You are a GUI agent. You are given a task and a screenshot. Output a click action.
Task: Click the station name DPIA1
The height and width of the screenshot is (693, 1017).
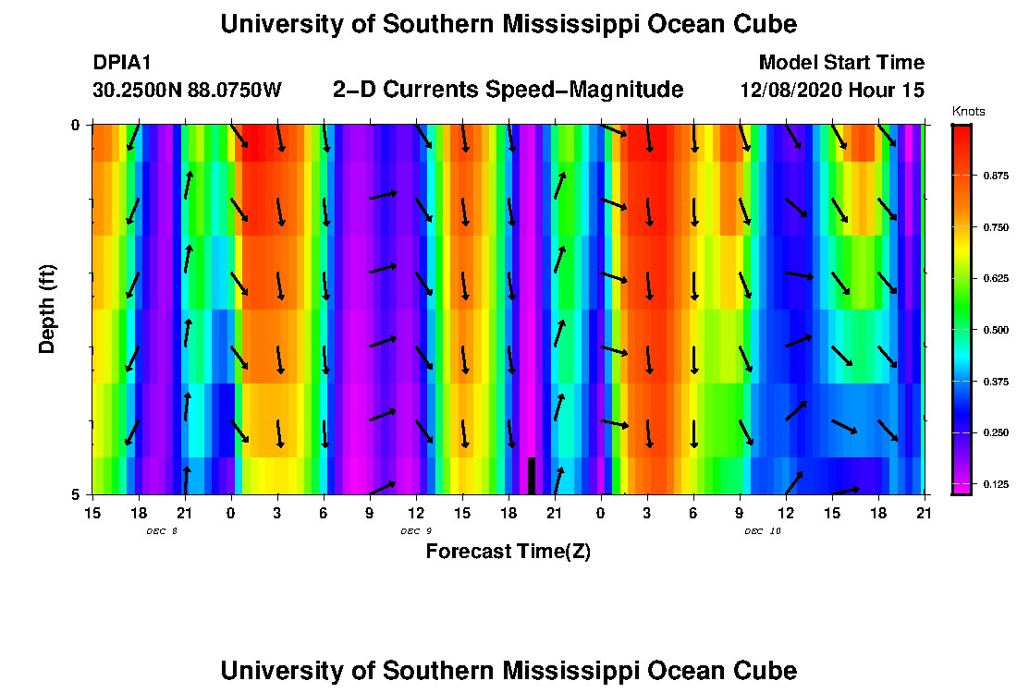click(x=121, y=63)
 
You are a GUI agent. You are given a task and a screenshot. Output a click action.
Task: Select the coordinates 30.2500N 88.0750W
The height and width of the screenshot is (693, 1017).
click(x=187, y=91)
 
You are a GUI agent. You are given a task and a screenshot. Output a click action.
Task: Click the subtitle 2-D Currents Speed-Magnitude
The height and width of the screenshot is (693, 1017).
click(x=508, y=90)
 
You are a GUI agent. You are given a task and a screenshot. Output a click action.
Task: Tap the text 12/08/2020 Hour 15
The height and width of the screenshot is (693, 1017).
click(x=832, y=91)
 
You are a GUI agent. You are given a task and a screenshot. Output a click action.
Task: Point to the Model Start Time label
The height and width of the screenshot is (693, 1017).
click(x=840, y=63)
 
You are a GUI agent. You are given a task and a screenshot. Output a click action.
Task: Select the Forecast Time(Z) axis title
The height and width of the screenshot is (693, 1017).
click(x=508, y=552)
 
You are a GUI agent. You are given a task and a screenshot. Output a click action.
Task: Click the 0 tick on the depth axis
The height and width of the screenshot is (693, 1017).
click(x=77, y=125)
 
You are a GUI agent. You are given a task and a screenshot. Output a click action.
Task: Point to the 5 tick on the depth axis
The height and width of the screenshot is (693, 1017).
click(x=77, y=494)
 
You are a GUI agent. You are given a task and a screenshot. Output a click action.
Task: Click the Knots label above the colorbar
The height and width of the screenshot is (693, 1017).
click(x=968, y=112)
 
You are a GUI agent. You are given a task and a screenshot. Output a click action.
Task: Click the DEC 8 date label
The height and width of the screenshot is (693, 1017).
click(x=161, y=531)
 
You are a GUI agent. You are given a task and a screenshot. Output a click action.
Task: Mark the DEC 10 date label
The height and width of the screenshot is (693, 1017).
click(x=762, y=531)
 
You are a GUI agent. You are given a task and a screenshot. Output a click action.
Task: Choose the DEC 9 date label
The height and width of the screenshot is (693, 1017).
click(x=416, y=531)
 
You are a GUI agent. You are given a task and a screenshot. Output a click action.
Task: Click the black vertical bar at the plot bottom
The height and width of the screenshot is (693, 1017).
click(x=532, y=476)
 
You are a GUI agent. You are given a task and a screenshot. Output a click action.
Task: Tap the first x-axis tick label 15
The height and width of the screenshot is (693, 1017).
click(x=92, y=512)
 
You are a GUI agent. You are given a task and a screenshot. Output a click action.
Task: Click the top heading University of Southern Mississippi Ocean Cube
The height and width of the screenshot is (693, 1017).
click(x=508, y=24)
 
